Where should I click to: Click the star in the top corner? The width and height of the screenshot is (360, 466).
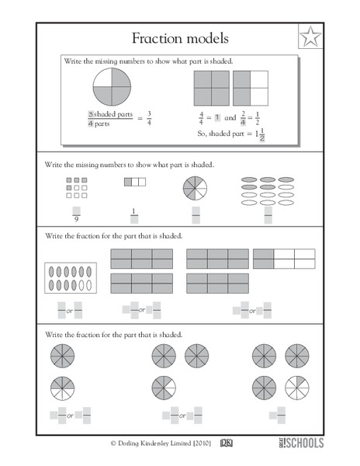click(x=309, y=37)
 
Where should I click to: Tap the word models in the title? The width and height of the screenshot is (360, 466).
click(x=208, y=38)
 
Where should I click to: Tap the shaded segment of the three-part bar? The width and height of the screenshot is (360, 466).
click(x=128, y=183)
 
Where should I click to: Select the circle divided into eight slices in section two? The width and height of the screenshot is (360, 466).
click(x=196, y=189)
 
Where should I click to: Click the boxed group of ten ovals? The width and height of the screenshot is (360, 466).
click(x=70, y=277)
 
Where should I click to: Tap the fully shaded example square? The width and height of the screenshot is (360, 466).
click(x=210, y=87)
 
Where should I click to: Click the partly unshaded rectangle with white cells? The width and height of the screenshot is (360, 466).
click(x=284, y=259)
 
